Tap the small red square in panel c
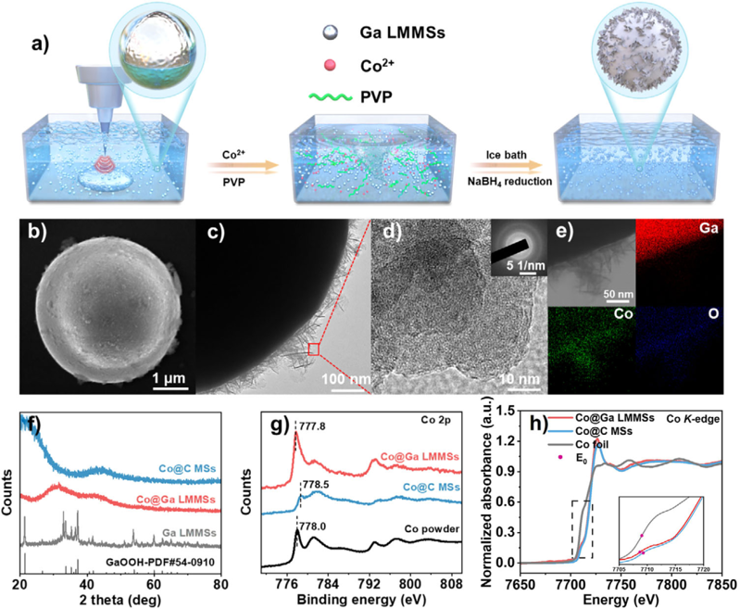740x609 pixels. click(314, 349)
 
